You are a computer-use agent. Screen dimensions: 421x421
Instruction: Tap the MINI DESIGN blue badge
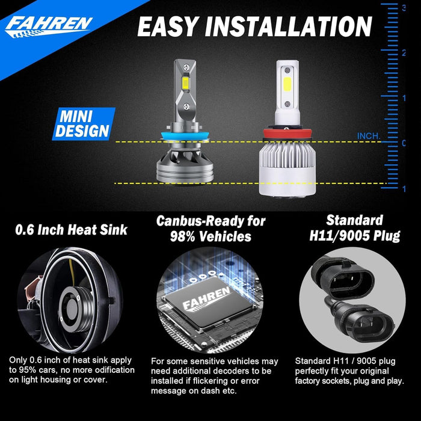click(84, 123)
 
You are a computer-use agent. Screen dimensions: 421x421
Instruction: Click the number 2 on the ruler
click(403, 53)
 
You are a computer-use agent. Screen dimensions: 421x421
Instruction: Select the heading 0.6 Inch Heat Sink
click(72, 229)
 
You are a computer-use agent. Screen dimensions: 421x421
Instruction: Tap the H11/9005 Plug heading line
click(354, 235)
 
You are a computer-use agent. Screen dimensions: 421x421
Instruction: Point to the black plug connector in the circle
click(352, 295)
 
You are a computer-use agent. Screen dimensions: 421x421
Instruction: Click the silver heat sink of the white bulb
click(286, 171)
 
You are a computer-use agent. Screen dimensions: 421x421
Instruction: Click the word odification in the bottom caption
click(107, 370)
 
